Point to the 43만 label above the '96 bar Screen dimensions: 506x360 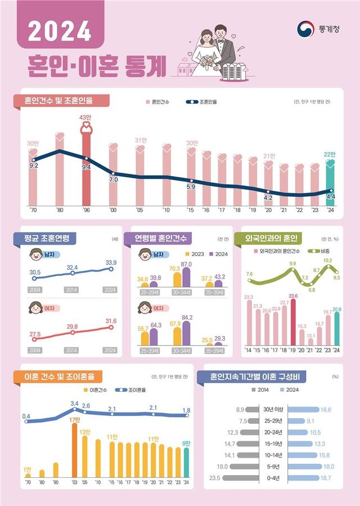pyautogui.click(x=86, y=117)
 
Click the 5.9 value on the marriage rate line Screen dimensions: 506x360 pyautogui.click(x=191, y=186)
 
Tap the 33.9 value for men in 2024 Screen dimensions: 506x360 pyautogui.click(x=111, y=262)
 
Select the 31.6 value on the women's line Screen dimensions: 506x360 pyautogui.click(x=111, y=321)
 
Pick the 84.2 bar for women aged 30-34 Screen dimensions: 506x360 pyautogui.click(x=186, y=333)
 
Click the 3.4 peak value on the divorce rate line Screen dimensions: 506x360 pyautogui.click(x=74, y=404)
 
